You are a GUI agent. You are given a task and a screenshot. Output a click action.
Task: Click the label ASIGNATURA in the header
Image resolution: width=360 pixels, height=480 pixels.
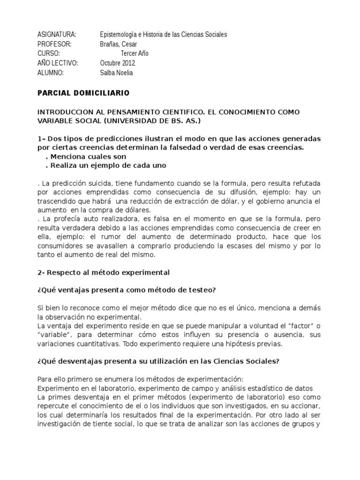click(x=56, y=35)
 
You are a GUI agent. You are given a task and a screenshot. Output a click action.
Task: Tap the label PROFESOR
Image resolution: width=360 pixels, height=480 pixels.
click(x=54, y=44)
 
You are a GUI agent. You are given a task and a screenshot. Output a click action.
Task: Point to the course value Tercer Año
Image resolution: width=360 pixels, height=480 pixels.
click(x=135, y=53)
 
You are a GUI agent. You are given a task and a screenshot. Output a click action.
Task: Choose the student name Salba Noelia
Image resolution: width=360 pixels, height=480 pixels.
click(x=117, y=73)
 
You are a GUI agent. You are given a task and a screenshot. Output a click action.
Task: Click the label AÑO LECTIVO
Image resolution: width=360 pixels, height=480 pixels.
click(x=58, y=63)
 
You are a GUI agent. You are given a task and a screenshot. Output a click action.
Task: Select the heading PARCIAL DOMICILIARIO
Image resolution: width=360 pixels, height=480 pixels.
click(x=83, y=93)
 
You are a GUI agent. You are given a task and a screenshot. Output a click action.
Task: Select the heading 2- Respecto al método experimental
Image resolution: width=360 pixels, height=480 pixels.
click(x=103, y=272)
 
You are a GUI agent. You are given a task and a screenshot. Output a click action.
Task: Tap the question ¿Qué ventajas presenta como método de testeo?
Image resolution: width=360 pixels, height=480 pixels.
click(x=126, y=290)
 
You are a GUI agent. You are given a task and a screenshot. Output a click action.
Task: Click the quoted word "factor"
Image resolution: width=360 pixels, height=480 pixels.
click(x=295, y=326)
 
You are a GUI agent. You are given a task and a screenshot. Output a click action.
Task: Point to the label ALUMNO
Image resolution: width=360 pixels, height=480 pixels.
click(x=50, y=73)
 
